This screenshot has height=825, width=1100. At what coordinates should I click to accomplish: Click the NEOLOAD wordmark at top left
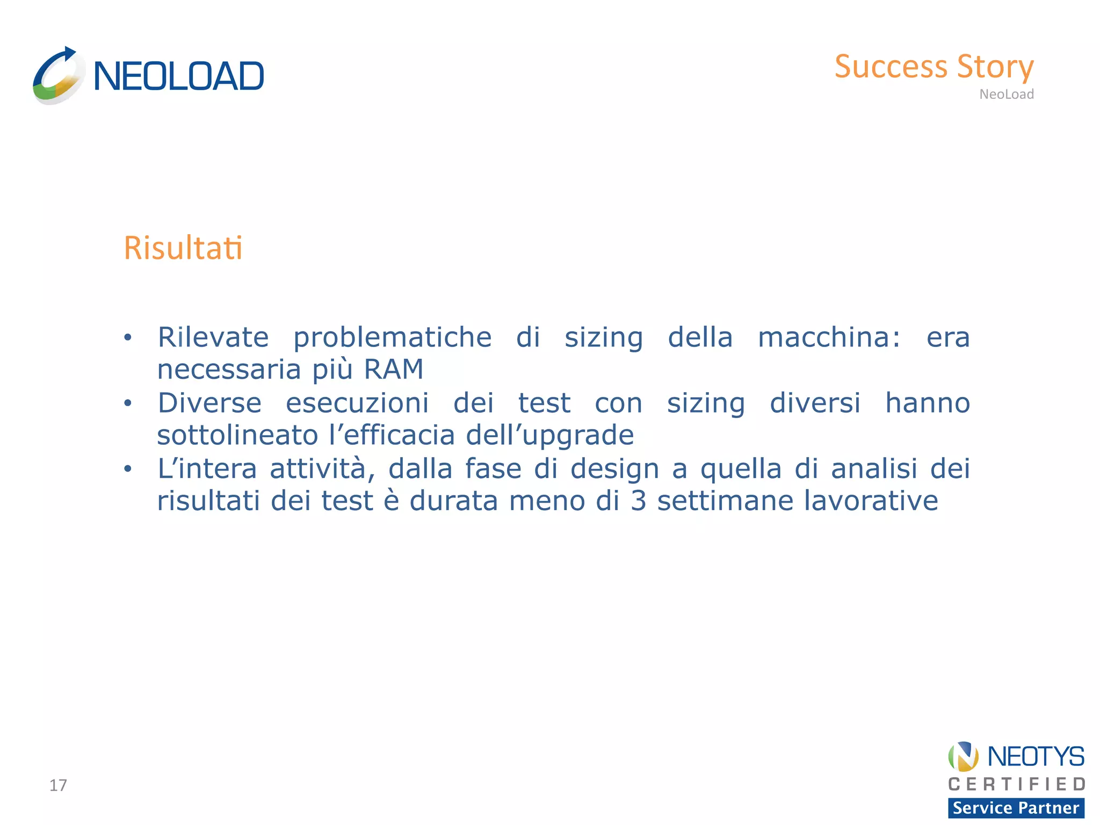[x=178, y=76]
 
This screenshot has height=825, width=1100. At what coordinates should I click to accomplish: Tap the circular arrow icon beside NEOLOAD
[x=58, y=76]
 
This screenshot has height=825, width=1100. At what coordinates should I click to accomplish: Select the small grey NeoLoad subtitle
[x=1006, y=94]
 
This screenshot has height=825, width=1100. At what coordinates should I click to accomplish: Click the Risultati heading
[x=183, y=248]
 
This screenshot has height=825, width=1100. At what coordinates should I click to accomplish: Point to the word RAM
[x=394, y=370]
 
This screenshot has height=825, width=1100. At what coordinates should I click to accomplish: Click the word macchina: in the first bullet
[x=829, y=337]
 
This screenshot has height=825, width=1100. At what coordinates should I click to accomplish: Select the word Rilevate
[x=213, y=337]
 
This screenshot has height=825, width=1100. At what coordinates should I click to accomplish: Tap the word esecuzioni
[x=357, y=403]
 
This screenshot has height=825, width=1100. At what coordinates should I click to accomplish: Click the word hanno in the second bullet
[x=927, y=403]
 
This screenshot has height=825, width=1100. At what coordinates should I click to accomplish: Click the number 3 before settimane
[x=638, y=501]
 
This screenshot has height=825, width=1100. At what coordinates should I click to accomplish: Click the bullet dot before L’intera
[x=127, y=469]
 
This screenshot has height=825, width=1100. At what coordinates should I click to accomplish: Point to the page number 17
[x=58, y=785]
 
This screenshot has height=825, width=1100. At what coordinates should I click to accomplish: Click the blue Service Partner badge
[x=1016, y=808]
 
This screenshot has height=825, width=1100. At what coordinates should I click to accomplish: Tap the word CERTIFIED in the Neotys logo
[x=1016, y=784]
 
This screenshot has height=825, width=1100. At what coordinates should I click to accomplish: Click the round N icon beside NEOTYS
[x=964, y=756]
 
